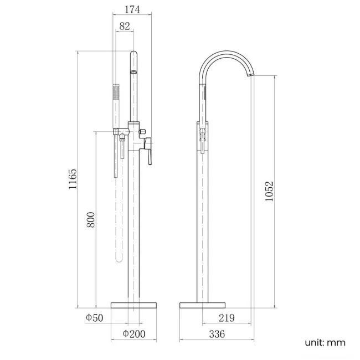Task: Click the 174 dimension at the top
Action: click(132, 9)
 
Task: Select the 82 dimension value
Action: click(124, 25)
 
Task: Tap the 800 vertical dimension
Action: click(91, 219)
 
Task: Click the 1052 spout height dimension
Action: click(269, 191)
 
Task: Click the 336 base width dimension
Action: click(216, 334)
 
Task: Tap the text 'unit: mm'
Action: click(325, 342)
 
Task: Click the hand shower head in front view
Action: click(116, 94)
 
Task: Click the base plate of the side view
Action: click(203, 305)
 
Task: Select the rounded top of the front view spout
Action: click(133, 55)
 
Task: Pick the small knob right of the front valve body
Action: click(143, 131)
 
